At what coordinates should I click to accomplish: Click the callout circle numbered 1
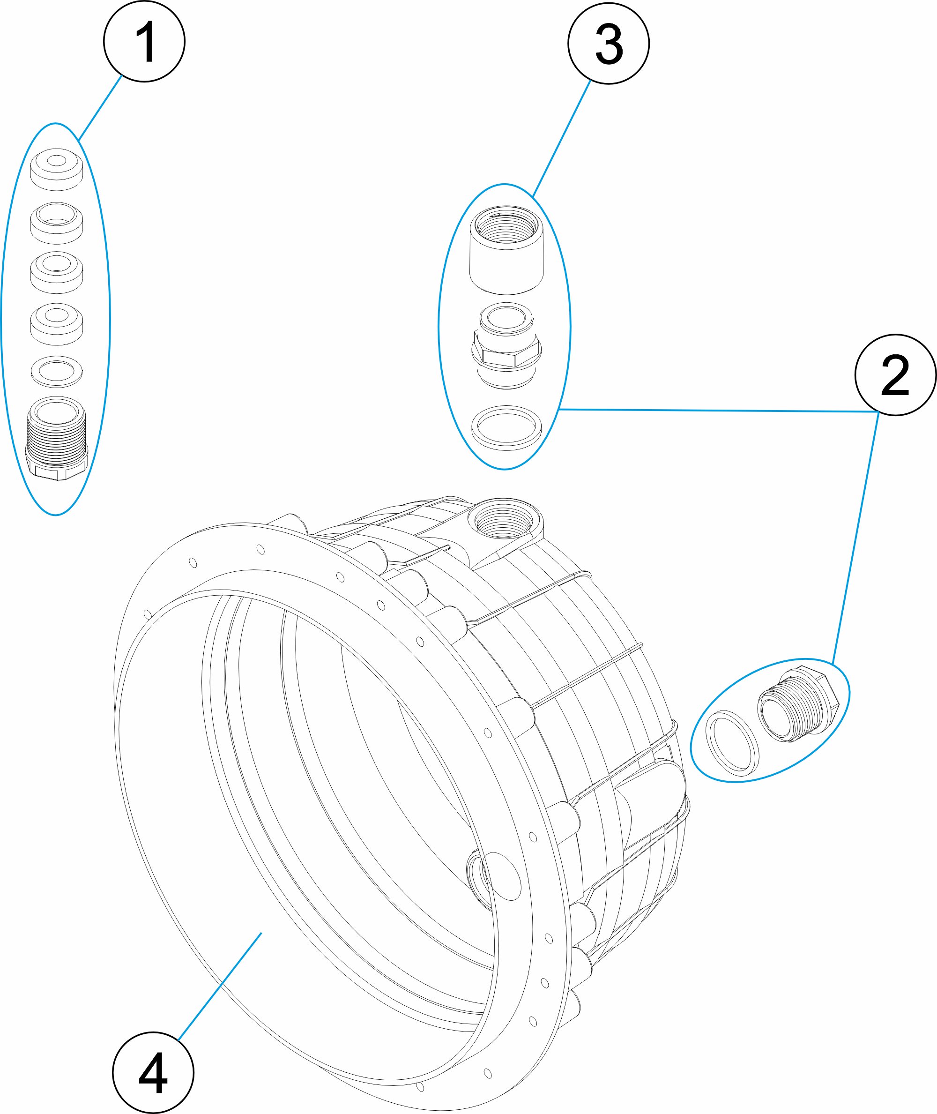tap(144, 41)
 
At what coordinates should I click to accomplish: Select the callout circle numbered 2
tap(895, 374)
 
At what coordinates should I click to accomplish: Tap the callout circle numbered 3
tap(608, 43)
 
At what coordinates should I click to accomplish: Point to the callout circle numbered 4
tap(153, 1073)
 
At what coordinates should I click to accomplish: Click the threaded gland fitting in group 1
tap(56, 438)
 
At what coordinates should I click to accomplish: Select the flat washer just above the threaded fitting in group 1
tap(57, 371)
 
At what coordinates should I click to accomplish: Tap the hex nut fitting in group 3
tap(506, 345)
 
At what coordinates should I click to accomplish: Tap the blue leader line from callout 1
tap(100, 108)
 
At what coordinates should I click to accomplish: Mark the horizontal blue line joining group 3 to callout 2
tap(718, 410)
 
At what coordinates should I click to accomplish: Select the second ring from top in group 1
tap(57, 223)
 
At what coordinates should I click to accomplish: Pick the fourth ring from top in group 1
tap(57, 324)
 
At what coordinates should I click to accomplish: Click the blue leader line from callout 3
tap(561, 139)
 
